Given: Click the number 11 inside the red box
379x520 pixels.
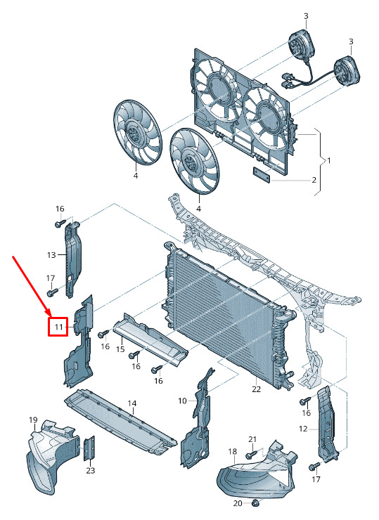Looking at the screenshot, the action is (59, 327).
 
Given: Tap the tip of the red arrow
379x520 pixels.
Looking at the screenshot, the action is (51, 316).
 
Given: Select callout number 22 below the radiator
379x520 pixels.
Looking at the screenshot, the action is (256, 389).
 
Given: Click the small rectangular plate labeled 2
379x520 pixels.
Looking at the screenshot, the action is (262, 174).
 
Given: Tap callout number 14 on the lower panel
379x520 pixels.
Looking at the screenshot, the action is (132, 403).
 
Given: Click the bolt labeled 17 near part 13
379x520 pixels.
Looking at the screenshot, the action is (52, 292).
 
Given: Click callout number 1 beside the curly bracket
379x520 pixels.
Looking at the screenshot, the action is (329, 161).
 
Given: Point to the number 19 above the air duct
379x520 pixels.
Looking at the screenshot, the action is (33, 420).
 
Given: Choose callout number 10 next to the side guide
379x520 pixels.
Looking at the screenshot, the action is (183, 401).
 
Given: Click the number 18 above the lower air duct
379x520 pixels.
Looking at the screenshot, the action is (233, 451).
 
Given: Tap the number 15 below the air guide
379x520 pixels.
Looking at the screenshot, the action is (120, 349).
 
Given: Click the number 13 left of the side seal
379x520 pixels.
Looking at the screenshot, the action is (51, 255).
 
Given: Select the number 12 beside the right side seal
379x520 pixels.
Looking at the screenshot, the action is (303, 429).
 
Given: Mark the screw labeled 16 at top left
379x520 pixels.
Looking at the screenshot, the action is (60, 224).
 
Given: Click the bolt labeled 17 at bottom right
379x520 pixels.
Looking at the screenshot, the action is (314, 467).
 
